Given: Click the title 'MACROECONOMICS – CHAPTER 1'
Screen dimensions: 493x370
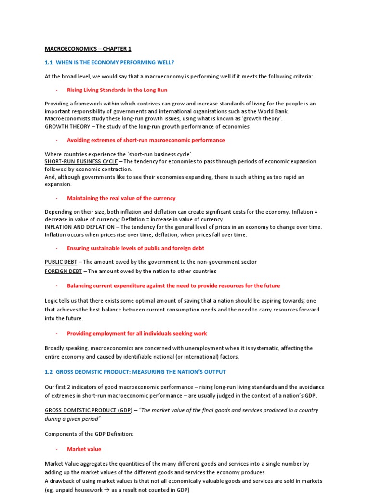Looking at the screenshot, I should (x=88, y=49).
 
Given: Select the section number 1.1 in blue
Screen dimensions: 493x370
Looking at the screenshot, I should (x=49, y=62).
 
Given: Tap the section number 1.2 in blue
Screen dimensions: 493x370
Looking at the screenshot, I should (x=49, y=372).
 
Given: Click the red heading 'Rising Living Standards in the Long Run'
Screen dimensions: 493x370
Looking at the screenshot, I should (x=117, y=90).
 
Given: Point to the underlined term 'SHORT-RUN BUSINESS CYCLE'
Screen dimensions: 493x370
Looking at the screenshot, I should (x=80, y=161).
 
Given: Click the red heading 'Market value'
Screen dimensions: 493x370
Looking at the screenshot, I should (x=84, y=449).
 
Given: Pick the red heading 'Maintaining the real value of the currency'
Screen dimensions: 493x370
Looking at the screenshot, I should (x=121, y=198).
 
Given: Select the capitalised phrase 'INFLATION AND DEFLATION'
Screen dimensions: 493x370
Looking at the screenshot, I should (x=79, y=227).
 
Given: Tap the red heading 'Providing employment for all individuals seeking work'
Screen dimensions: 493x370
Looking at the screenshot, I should (x=137, y=333).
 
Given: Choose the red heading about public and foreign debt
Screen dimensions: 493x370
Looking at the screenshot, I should (x=135, y=248).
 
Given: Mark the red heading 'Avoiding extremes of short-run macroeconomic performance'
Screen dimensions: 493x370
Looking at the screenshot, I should (x=145, y=140).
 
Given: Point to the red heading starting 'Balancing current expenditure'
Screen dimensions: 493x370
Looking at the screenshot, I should (x=173, y=285).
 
